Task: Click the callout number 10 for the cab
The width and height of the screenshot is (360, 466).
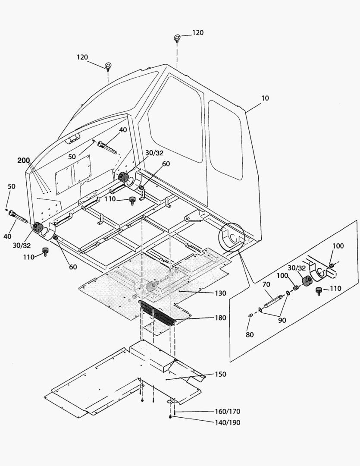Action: pyautogui.click(x=265, y=98)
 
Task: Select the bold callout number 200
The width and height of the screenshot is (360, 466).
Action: pyautogui.click(x=24, y=161)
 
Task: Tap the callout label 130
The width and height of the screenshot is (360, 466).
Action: pyautogui.click(x=220, y=293)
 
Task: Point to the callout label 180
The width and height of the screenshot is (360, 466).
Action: pyautogui.click(x=220, y=318)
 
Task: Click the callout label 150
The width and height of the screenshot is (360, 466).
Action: pyautogui.click(x=220, y=374)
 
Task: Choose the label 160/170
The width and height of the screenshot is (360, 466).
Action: pyautogui.click(x=228, y=411)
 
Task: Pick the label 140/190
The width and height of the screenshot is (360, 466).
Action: pyautogui.click(x=228, y=423)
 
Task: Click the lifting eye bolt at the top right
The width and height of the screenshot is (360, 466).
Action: pyautogui.click(x=178, y=38)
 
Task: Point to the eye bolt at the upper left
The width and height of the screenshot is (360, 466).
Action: pyautogui.click(x=108, y=66)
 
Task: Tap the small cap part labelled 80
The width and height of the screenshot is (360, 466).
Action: pyautogui.click(x=250, y=317)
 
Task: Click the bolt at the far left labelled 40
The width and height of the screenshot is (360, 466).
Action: pyautogui.click(x=17, y=214)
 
